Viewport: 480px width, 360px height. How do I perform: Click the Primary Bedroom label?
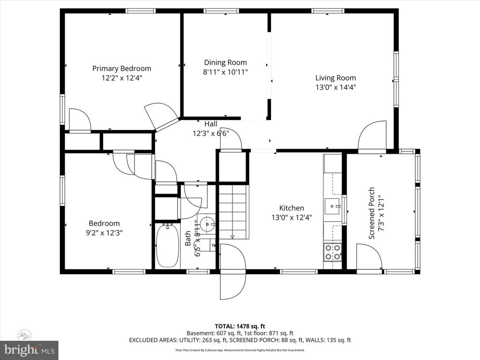click(x=121, y=68)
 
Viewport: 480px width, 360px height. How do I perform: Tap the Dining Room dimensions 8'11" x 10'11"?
click(x=225, y=72)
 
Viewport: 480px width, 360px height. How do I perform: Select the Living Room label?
click(x=335, y=78)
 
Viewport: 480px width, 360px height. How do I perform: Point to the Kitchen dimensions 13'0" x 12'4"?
click(x=292, y=217)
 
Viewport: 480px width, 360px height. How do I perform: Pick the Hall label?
click(x=211, y=124)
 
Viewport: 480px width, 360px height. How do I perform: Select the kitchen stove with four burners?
click(x=333, y=253)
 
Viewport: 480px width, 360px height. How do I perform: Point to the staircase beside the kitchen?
click(x=233, y=211)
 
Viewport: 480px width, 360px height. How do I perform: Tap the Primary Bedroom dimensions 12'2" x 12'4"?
click(x=121, y=78)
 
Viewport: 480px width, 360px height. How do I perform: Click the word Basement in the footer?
click(x=200, y=333)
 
